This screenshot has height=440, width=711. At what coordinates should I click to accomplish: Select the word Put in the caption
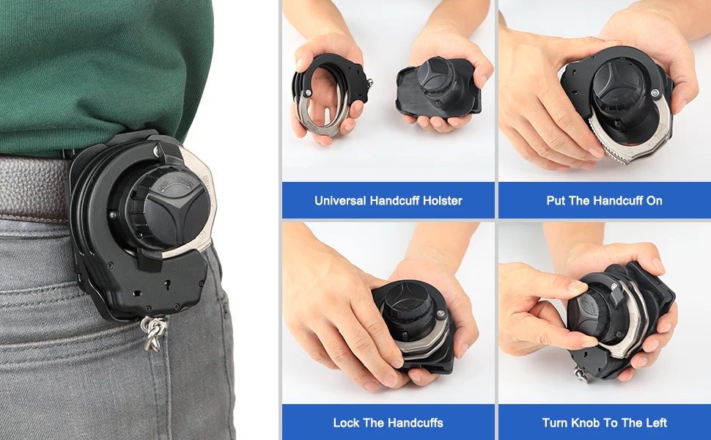tap(556, 200)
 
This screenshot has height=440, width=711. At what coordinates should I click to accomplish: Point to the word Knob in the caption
tap(586, 422)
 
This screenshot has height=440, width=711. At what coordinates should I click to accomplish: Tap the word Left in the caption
tap(655, 422)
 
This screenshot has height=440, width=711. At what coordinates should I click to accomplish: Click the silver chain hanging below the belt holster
tap(153, 334)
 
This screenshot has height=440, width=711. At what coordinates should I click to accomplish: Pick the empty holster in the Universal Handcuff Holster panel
tap(438, 88)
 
